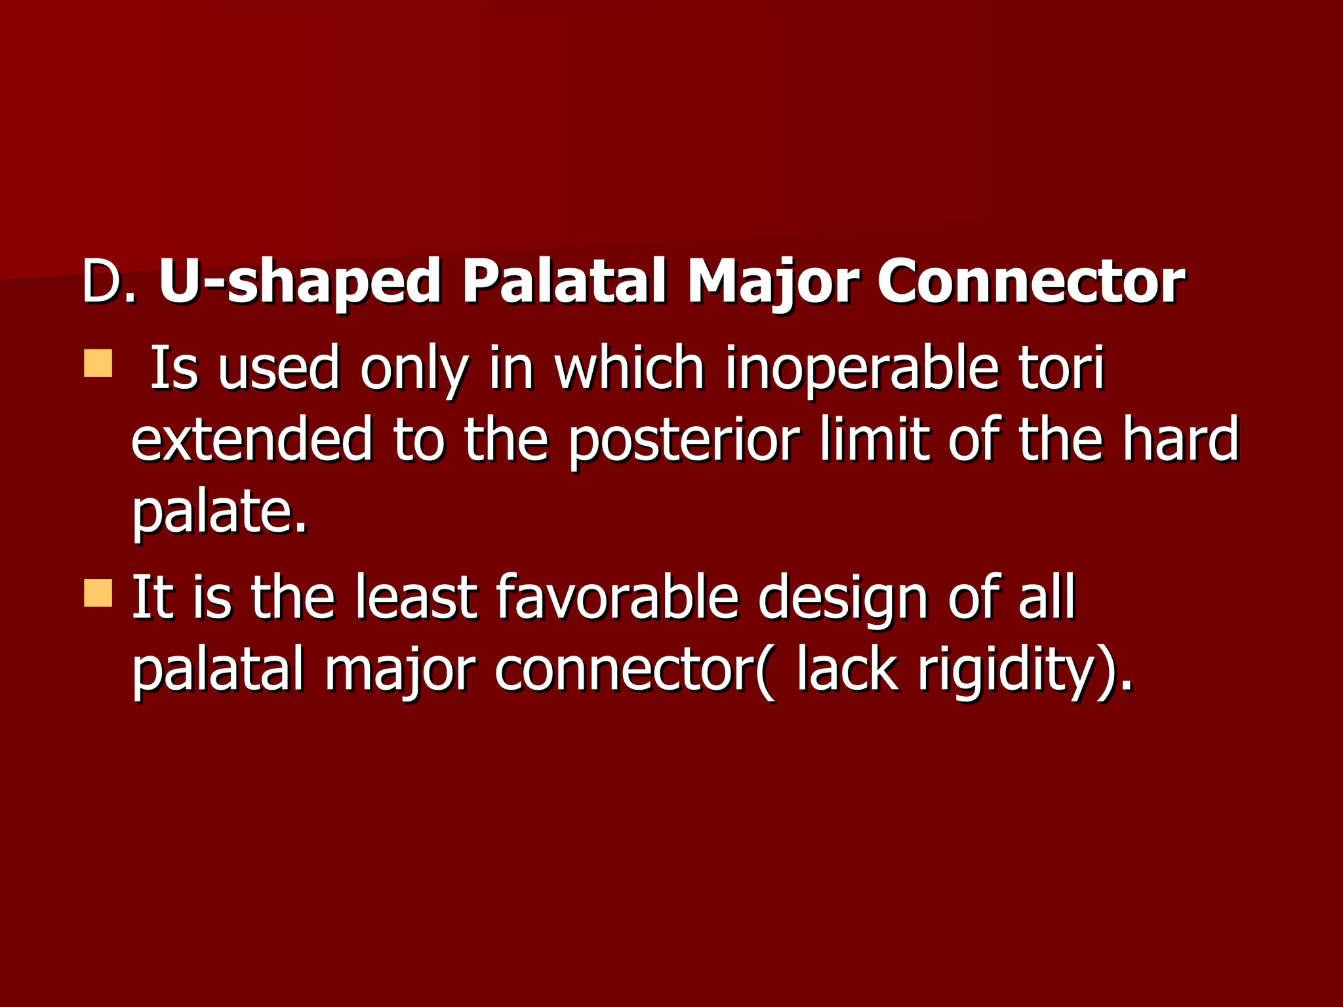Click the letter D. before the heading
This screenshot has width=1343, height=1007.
pyautogui.click(x=108, y=282)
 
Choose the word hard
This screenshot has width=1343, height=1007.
pyautogui.click(x=1180, y=439)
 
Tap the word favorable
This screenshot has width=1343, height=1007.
pyautogui.click(x=617, y=597)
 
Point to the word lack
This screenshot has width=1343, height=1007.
pyautogui.click(x=846, y=670)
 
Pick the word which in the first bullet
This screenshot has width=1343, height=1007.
pyautogui.click(x=630, y=368)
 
